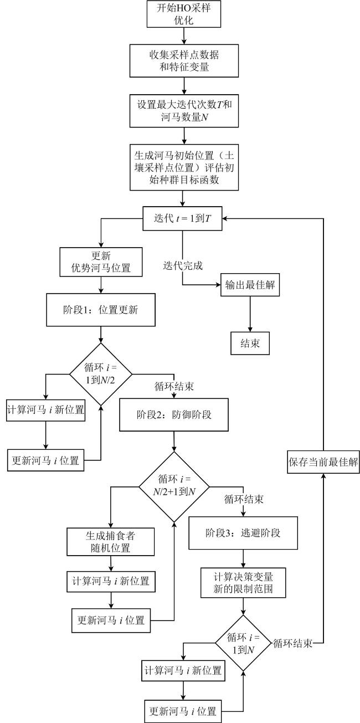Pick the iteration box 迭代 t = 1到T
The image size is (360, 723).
[182, 218]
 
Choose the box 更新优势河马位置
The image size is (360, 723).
[101, 261]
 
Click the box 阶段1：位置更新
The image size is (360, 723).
[101, 311]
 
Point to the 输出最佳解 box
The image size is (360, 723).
[250, 286]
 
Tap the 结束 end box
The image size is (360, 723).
[250, 343]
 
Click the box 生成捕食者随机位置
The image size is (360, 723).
[110, 542]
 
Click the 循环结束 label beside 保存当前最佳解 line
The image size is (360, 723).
[293, 644]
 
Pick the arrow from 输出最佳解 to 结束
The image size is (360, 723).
[250, 314]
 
